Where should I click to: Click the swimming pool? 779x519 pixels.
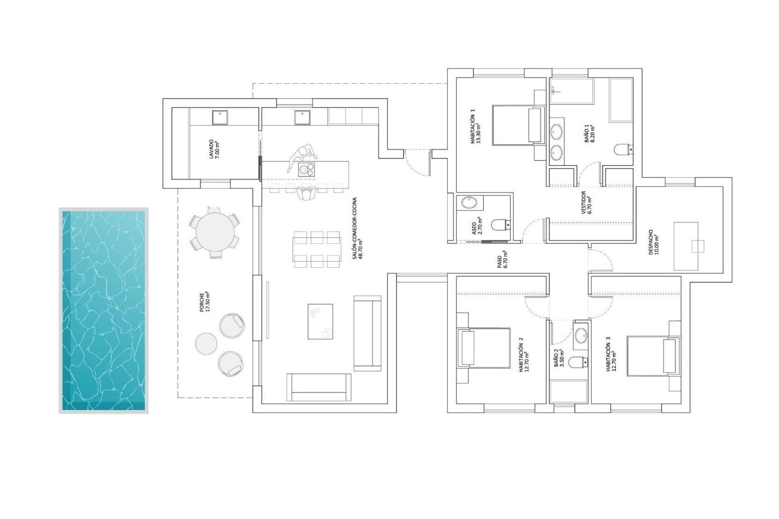[x=103, y=311]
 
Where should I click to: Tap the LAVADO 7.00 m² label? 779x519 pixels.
[x=214, y=150]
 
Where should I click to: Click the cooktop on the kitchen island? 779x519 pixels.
[x=306, y=169]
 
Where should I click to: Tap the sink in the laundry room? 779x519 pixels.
[x=220, y=118]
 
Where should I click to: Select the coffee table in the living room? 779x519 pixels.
[x=320, y=321]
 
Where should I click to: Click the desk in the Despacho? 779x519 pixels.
[x=686, y=246]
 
